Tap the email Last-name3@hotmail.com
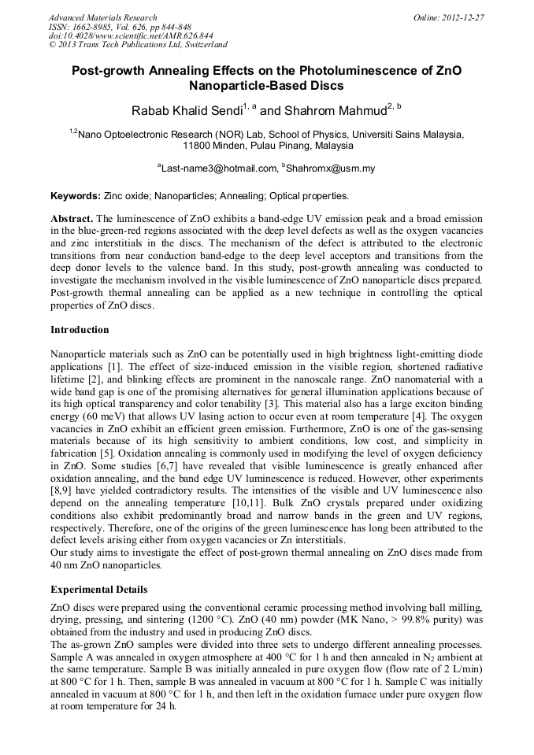coord(218,168)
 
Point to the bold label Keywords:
coord(75,195)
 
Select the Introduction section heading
coord(80,329)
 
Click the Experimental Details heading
coord(98,589)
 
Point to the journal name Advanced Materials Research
coord(102,17)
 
